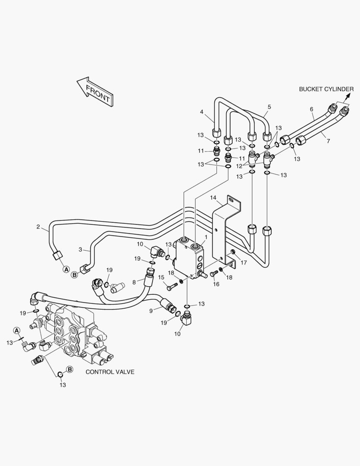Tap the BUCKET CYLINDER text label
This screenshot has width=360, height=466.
point(326,89)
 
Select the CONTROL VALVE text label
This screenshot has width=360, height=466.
point(110,372)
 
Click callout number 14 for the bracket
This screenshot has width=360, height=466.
point(213,198)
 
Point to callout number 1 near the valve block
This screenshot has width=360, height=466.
point(206,237)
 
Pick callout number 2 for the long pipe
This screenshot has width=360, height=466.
point(38,227)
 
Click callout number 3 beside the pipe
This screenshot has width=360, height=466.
point(80,249)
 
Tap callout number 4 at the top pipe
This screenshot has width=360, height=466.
point(202,112)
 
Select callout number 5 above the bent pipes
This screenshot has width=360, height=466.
point(269,107)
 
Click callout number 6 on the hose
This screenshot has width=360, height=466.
point(312,109)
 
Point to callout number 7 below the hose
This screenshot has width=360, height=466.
point(328,141)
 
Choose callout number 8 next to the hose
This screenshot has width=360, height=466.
point(134,282)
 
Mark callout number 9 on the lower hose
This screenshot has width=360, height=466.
point(151,311)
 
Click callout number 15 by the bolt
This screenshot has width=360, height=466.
point(161,277)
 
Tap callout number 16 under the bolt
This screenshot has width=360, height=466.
point(216,284)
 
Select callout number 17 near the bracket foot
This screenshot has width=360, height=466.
point(244,263)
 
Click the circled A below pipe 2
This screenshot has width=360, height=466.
point(66,269)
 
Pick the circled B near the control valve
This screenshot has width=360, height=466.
point(69,369)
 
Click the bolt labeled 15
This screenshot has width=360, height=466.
point(172,287)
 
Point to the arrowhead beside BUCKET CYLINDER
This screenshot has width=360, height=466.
point(347,95)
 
